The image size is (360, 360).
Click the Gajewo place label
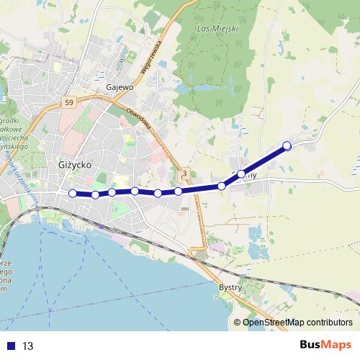point(120,87)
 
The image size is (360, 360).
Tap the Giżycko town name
point(73,164)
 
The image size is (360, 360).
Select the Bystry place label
point(230,286)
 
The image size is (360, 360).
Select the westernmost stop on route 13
point(72,192)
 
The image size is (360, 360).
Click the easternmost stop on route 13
point(287,146)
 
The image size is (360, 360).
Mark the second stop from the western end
point(95,194)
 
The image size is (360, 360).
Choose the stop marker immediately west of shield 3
point(178,191)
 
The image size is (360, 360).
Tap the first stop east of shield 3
point(222,186)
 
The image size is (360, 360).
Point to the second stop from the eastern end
point(241,174)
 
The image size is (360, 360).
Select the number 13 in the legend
point(28,346)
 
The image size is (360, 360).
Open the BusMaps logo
point(325,344)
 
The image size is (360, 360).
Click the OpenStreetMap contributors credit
point(297,322)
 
